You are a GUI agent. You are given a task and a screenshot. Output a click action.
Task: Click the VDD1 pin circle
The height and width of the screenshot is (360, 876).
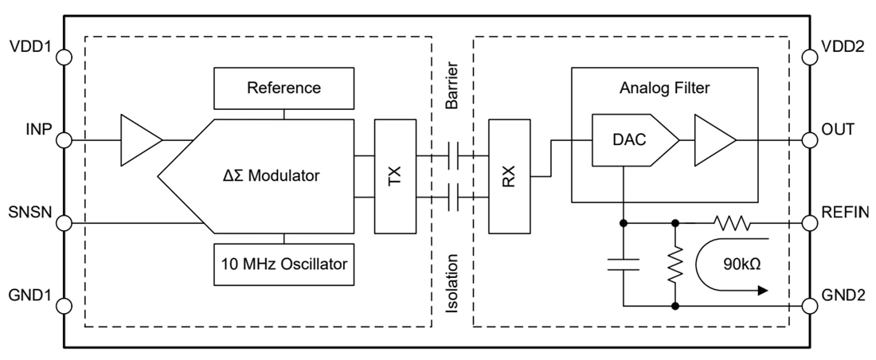pyautogui.click(x=65, y=57)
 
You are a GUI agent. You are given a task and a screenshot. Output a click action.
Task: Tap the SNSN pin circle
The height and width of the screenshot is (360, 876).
pyautogui.click(x=65, y=222)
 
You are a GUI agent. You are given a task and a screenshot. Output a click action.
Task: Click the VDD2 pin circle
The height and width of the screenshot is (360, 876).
pyautogui.click(x=810, y=57)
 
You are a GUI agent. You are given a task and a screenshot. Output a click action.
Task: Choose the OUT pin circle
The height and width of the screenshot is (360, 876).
pyautogui.click(x=810, y=140)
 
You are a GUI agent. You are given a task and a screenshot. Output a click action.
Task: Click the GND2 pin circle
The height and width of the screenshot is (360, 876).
pyautogui.click(x=810, y=305)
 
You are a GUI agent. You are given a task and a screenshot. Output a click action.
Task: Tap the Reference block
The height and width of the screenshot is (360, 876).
pyautogui.click(x=284, y=88)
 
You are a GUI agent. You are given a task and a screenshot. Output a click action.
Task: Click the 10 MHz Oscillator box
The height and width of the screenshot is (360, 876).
pyautogui.click(x=284, y=264)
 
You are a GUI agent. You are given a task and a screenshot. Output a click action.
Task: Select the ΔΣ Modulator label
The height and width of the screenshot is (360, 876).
pyautogui.click(x=271, y=176)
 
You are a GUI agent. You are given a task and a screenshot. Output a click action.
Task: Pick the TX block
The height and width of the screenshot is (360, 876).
pyautogui.click(x=395, y=176)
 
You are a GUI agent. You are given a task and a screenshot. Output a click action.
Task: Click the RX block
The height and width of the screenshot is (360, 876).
pyautogui.click(x=510, y=176)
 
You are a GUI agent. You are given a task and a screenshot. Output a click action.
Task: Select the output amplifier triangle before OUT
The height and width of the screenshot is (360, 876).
pyautogui.click(x=712, y=140)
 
